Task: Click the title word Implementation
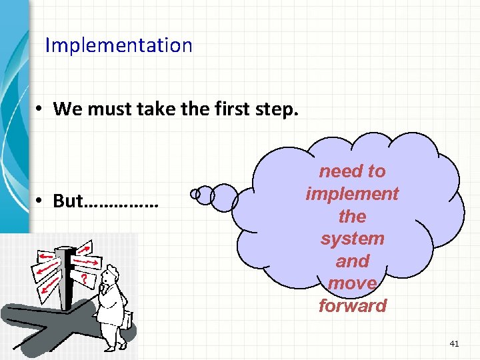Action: tap(118, 46)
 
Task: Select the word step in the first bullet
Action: tap(272, 109)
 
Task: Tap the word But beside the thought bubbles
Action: tap(69, 201)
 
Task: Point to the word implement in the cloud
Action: tap(352, 194)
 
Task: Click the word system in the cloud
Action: tap(352, 239)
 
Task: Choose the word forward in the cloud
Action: tap(352, 306)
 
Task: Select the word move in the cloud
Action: tap(352, 283)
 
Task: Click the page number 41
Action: tap(455, 343)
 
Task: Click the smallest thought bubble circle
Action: tap(195, 195)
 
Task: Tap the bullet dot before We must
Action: tap(41, 109)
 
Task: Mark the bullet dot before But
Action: tap(41, 202)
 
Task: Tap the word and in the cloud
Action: tap(352, 261)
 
